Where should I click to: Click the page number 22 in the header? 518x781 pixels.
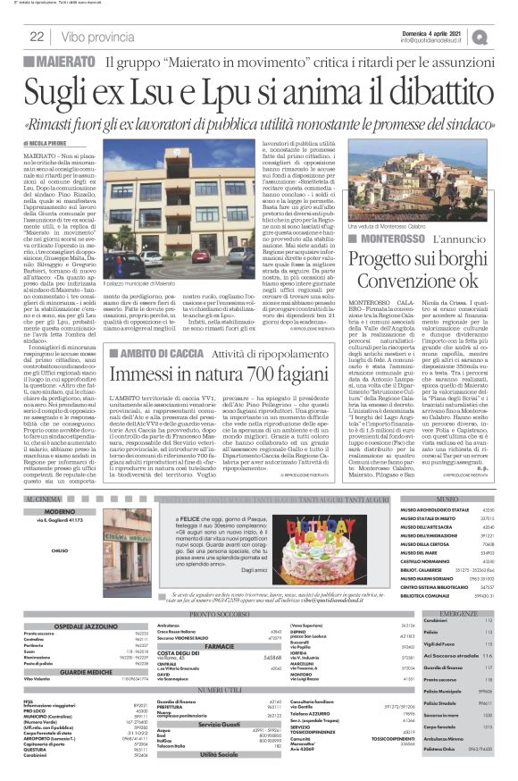(37, 37)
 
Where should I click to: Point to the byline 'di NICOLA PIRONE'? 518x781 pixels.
(45, 142)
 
